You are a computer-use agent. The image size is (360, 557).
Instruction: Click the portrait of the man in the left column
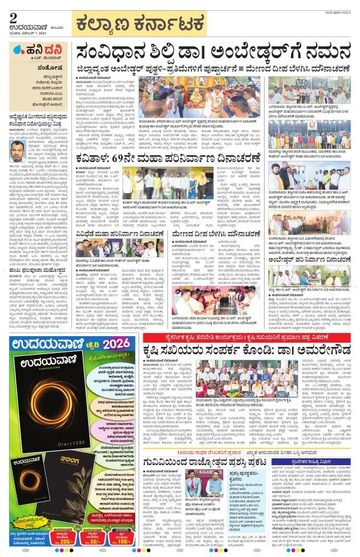(19, 149)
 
